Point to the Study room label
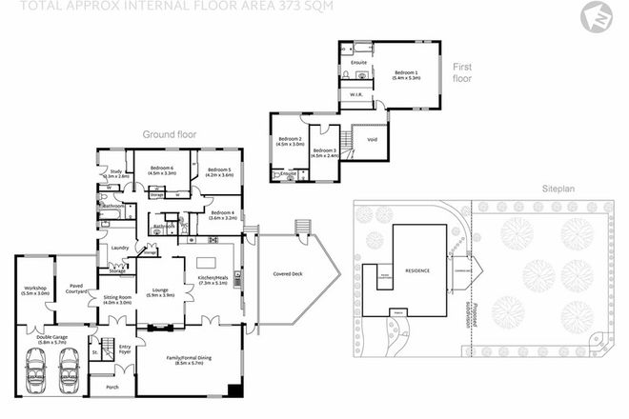click(x=115, y=172)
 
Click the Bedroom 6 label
click(x=161, y=171)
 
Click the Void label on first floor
click(x=373, y=140)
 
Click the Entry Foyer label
click(x=124, y=349)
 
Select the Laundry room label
click(x=120, y=248)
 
